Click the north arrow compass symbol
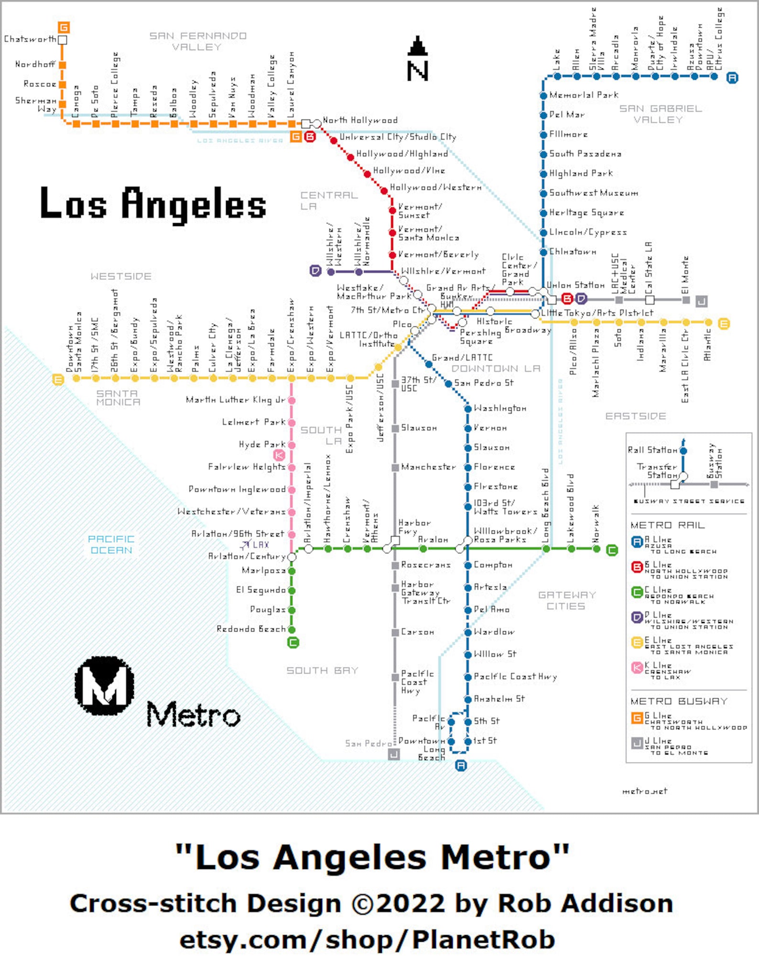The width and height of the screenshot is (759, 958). [417, 59]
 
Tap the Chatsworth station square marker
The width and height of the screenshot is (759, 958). [62, 40]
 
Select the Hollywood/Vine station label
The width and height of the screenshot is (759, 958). [409, 171]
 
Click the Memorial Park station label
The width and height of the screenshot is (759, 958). [584, 95]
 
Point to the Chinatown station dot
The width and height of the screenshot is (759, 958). [543, 252]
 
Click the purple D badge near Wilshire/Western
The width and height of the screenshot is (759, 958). [315, 271]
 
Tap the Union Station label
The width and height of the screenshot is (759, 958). [575, 285]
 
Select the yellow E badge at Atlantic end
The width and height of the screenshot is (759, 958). [724, 323]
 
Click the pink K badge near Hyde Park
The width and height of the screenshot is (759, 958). [279, 455]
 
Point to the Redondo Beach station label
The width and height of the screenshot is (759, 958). [250, 629]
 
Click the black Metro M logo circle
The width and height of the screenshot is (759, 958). [104, 685]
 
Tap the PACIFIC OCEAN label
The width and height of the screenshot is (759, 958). [111, 544]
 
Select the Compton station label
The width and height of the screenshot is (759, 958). [493, 565]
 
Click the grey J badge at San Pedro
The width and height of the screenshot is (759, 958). [393, 754]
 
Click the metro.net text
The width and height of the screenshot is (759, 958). [644, 791]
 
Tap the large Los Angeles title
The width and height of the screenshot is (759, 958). [153, 204]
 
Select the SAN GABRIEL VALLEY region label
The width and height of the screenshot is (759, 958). [660, 114]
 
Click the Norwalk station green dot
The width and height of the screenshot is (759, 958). [596, 549]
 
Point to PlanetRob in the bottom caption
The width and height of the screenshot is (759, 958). [483, 940]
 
